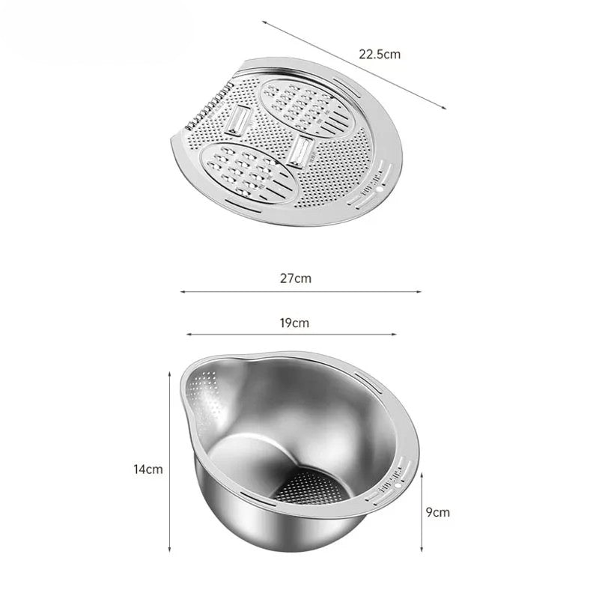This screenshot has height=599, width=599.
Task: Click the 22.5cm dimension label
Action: click(380, 55)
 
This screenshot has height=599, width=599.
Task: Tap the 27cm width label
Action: click(296, 279)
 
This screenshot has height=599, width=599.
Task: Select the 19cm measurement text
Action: click(295, 323)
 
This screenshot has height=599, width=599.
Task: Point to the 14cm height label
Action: click(148, 469)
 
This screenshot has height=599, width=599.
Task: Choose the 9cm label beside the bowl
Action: click(438, 512)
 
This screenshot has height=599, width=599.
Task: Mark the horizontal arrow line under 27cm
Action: click(300, 292)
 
